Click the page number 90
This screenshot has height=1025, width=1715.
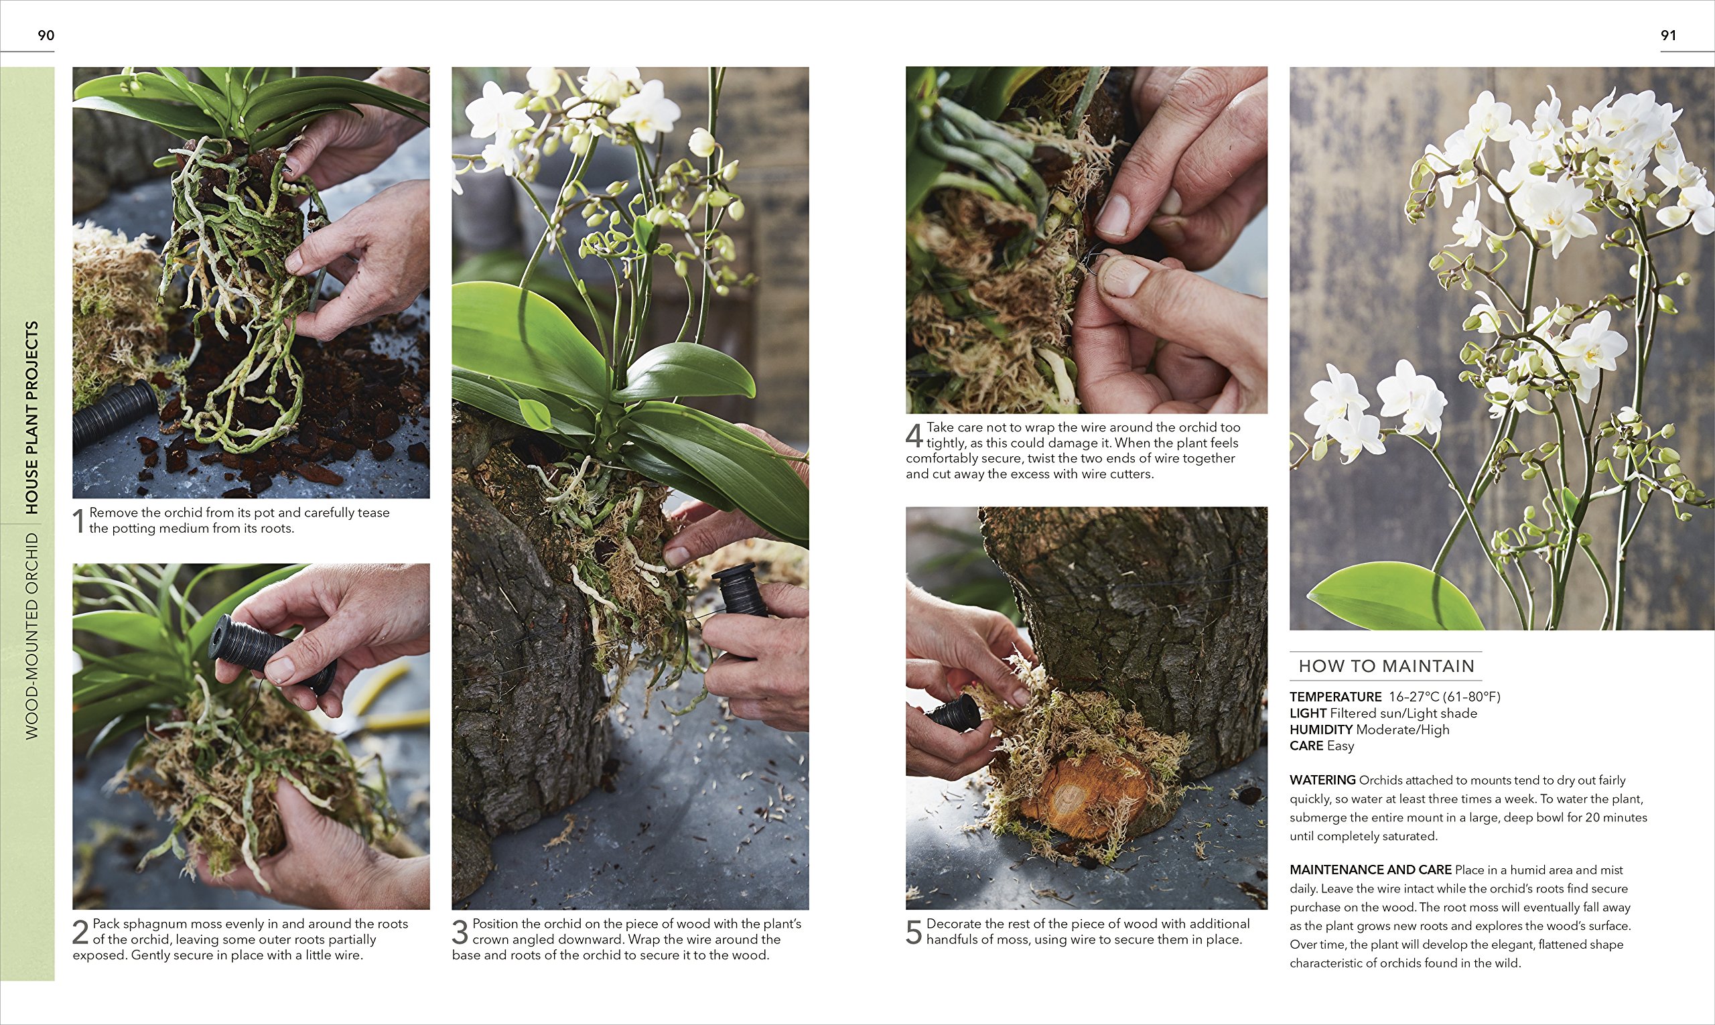pos(46,36)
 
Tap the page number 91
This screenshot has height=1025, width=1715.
pos(1668,36)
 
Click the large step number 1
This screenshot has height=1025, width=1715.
pos(79,521)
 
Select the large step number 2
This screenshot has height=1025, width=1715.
pos(81,932)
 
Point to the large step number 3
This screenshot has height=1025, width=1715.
pos(460,932)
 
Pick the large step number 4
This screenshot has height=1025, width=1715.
pos(914,435)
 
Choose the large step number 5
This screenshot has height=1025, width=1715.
pos(914,932)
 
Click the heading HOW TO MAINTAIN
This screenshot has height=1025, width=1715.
pos(1386,666)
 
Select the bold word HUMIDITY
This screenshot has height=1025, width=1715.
pos(1320,730)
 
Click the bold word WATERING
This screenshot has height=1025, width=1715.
pos(1322,780)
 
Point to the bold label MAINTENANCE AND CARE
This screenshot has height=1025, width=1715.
pos(1371,870)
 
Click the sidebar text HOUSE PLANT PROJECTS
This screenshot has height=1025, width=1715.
pos(31,417)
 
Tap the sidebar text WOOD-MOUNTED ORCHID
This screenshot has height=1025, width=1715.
pos(31,636)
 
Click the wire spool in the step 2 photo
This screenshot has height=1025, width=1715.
pos(271,653)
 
